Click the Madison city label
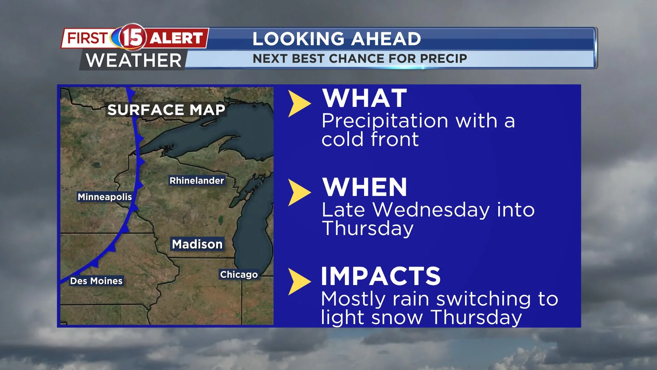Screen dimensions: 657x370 pyautogui.click(x=197, y=244)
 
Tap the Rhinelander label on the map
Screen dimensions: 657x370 pyautogui.click(x=197, y=181)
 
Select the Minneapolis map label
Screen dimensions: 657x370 pyautogui.click(x=105, y=197)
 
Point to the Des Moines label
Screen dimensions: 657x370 pyautogui.click(x=96, y=281)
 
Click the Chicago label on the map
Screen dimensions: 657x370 pyautogui.click(x=239, y=274)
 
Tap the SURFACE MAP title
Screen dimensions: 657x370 pyautogui.click(x=166, y=110)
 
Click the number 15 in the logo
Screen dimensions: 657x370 pyautogui.click(x=132, y=37)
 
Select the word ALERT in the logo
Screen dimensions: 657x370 pyautogui.click(x=176, y=38)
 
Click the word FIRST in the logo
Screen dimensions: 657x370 pyautogui.click(x=88, y=38)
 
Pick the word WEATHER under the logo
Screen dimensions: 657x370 pyautogui.click(x=133, y=61)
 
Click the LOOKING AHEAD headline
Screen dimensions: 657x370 pyautogui.click(x=337, y=39)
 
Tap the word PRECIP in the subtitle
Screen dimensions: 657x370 pyautogui.click(x=443, y=59)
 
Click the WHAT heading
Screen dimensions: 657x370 pyautogui.click(x=365, y=98)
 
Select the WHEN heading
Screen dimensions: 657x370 pyautogui.click(x=365, y=187)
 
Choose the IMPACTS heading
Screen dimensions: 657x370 pyautogui.click(x=381, y=276)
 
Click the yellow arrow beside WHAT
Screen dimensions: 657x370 pyautogui.click(x=298, y=103)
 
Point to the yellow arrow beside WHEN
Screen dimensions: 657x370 pyautogui.click(x=298, y=192)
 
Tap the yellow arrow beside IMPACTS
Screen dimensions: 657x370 pyautogui.click(x=298, y=281)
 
